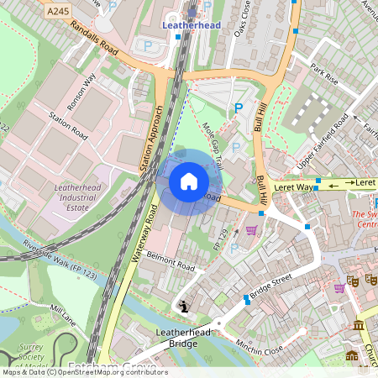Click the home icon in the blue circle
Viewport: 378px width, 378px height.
coord(189,181)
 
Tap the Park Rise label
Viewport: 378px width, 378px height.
coord(323,74)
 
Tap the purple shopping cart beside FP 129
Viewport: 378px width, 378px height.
coord(250,230)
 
